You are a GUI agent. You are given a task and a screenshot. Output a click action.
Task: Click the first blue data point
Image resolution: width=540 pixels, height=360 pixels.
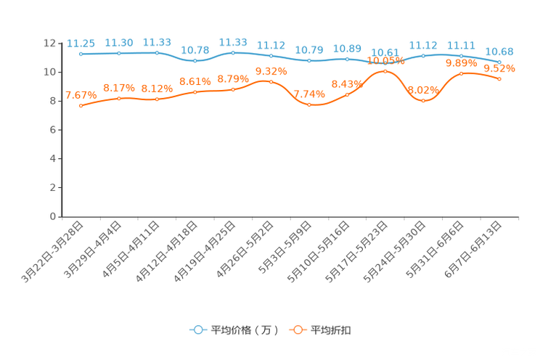click(81, 54)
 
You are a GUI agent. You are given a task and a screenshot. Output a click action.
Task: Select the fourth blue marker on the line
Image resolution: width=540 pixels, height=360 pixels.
click(195, 61)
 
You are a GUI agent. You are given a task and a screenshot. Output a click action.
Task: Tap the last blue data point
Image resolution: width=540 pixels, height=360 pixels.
click(499, 62)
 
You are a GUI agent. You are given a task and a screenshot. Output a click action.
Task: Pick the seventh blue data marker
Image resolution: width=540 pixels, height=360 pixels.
click(309, 61)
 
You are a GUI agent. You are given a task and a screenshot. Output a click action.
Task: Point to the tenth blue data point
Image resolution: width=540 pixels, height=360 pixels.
click(423, 56)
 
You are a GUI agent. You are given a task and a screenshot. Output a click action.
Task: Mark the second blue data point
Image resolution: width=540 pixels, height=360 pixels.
click(118, 53)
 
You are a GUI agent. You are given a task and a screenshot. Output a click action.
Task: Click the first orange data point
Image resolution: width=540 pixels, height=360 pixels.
click(81, 106)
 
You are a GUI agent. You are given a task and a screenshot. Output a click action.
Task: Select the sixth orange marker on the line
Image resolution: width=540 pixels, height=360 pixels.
click(271, 81)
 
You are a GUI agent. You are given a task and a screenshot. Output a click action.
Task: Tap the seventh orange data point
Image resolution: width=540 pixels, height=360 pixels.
click(309, 105)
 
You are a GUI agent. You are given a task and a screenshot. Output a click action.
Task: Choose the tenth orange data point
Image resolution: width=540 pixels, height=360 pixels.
click(423, 101)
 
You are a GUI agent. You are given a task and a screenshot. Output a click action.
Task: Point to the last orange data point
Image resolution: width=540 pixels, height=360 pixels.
click(499, 78)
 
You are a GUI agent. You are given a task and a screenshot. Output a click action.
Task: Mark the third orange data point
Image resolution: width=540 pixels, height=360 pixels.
click(157, 99)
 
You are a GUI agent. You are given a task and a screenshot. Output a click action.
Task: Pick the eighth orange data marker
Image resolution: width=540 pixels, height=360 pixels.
click(347, 94)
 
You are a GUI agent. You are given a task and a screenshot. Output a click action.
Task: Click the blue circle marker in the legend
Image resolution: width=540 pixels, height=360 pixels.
click(197, 330)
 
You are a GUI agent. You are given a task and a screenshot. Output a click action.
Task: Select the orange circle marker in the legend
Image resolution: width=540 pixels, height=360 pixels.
click(297, 330)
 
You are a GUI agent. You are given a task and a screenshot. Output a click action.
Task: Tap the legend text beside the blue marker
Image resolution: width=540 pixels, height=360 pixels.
click(245, 330)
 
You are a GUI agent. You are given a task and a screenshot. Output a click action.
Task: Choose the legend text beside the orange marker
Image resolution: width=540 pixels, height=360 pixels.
click(332, 330)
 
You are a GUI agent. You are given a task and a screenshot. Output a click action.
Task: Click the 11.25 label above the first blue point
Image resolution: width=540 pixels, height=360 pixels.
click(80, 43)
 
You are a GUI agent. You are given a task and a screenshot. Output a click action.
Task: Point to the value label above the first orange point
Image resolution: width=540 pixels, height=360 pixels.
click(80, 95)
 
